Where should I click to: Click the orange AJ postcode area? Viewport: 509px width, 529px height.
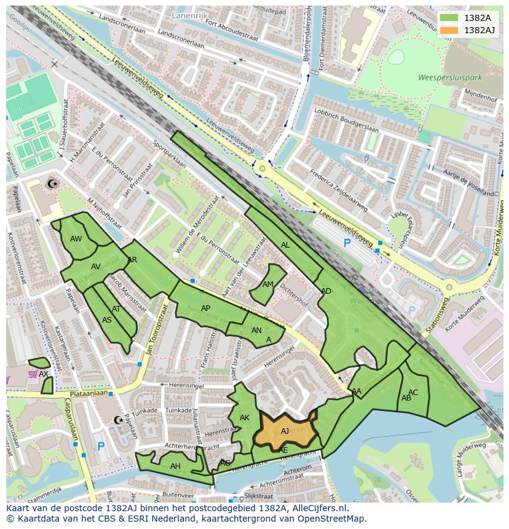(x=285, y=431)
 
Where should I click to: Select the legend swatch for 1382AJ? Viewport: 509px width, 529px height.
(x=449, y=30)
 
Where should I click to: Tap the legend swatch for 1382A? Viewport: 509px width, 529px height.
(x=449, y=18)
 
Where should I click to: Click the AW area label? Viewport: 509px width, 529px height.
(x=76, y=239)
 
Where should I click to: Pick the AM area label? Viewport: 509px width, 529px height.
(x=268, y=284)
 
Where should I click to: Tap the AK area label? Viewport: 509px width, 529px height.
(x=245, y=418)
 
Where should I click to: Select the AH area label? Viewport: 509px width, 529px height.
(x=176, y=466)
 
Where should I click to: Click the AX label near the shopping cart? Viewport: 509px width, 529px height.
(x=44, y=374)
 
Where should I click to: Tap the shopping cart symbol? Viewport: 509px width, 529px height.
(x=32, y=374)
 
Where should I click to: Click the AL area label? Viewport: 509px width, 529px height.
(x=285, y=245)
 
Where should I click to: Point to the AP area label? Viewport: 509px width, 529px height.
(x=205, y=308)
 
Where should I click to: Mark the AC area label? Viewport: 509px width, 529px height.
(x=413, y=393)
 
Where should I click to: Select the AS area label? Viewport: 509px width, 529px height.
(x=107, y=320)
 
